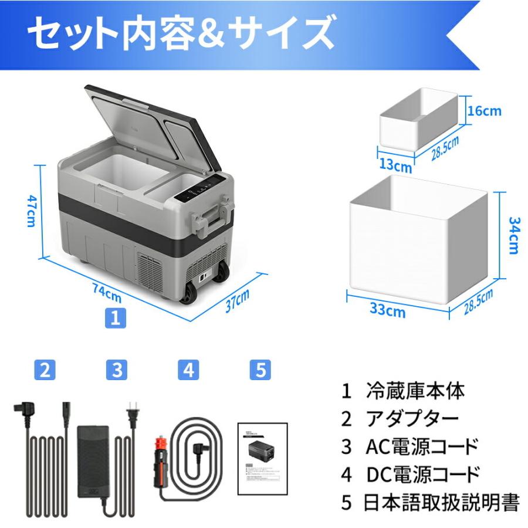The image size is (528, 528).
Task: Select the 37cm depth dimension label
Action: pos(238,302)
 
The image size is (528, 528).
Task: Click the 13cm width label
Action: pos(395,166)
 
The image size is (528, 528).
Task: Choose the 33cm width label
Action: pos(388,310)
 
